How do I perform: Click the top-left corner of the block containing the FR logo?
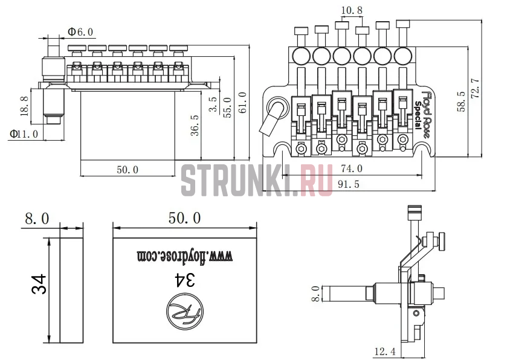click(113, 238)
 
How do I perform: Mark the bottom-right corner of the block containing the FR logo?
click(257, 342)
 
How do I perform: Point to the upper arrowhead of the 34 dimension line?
click(49, 241)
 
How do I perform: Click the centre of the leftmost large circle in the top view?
click(301, 56)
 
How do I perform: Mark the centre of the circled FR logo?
click(184, 313)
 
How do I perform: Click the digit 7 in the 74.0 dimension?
click(344, 169)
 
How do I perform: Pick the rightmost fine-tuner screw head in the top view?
click(402, 24)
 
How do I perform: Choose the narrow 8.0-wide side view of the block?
click(71, 291)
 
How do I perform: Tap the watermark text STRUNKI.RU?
click(257, 180)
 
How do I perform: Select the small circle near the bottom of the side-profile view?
click(416, 313)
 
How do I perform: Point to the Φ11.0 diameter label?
click(24, 133)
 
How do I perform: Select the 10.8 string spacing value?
click(352, 10)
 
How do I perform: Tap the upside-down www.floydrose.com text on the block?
click(184, 256)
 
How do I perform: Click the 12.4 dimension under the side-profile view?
click(385, 352)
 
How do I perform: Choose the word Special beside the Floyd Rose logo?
click(418, 115)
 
